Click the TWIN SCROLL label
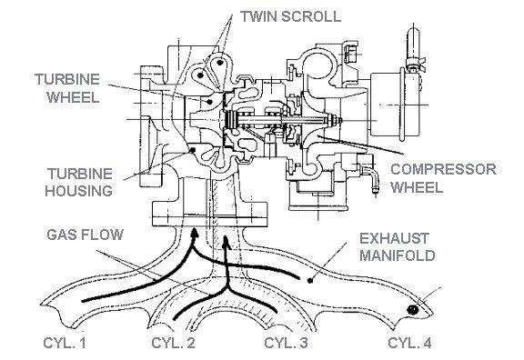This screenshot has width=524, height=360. pos(291,16)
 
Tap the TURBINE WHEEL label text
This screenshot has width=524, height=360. pos(67,88)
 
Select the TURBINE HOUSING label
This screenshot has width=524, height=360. pos(79,183)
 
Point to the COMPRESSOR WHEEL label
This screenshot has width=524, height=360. pos(443,178)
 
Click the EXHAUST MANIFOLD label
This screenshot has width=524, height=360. pos(398,247)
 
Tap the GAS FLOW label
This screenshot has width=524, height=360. pos(85,235)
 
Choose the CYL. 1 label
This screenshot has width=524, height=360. pos(65,343)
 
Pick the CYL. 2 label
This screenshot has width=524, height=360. pos(173,343)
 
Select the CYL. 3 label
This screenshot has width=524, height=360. pos(286,343)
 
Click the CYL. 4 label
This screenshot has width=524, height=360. pos(409,343)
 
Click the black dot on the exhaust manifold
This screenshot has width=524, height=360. pos(310,281)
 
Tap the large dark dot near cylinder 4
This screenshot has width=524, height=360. pos(413,310)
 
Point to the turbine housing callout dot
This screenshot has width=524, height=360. pos(192,150)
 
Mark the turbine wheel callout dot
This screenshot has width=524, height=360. pos(209,102)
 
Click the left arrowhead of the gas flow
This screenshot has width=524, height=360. pos(194,233)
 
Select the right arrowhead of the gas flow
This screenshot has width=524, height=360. pos(227,241)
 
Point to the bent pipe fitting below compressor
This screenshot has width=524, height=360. pos(370,177)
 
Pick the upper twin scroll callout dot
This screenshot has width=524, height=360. pos(219,62)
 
